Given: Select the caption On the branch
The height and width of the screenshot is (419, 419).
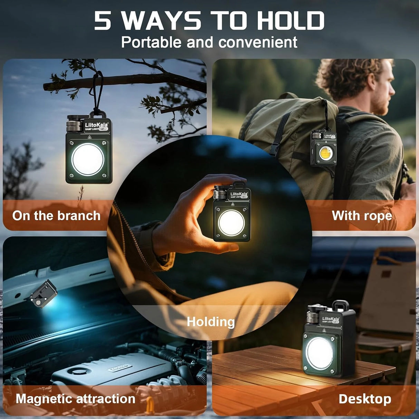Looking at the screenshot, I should click(x=56, y=216).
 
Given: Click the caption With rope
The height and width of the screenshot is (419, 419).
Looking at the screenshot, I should click(x=362, y=216).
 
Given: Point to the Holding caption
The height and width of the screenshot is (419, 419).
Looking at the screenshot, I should click(x=211, y=322).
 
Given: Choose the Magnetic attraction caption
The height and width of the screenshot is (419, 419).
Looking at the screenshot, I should click(x=75, y=399).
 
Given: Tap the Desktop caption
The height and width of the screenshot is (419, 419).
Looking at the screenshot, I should click(x=365, y=399).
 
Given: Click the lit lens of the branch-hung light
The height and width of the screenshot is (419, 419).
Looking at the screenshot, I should click(x=88, y=160).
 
